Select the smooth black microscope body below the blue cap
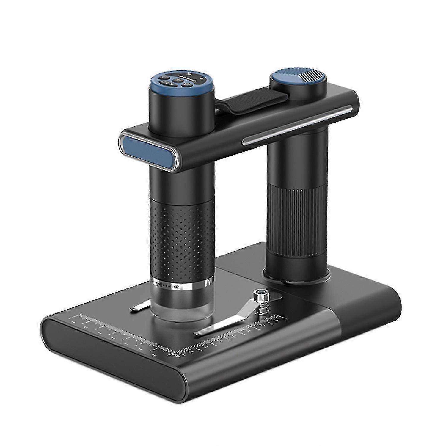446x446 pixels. click(181, 172)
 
